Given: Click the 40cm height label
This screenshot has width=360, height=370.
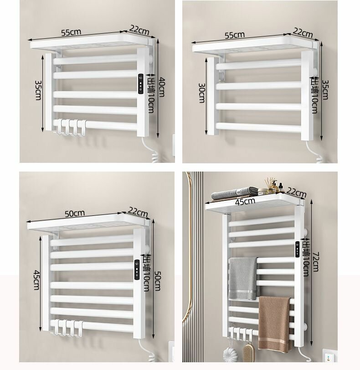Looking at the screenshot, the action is click(x=162, y=87).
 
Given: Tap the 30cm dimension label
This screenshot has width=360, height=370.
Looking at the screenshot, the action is click(x=202, y=93).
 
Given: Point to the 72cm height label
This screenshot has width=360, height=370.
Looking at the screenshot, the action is click(x=315, y=262).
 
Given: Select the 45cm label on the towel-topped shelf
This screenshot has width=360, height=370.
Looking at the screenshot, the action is click(x=245, y=202).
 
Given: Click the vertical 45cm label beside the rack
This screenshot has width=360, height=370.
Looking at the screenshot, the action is click(x=36, y=280).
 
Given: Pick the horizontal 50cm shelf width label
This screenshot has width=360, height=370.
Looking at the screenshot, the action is click(x=75, y=214).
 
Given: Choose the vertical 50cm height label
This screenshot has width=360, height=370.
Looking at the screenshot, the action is click(x=157, y=281).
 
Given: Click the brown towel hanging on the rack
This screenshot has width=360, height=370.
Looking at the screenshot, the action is click(x=275, y=323).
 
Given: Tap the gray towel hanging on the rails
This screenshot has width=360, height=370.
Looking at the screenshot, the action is click(x=243, y=279).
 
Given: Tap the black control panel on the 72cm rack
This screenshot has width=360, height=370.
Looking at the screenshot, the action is click(x=298, y=249).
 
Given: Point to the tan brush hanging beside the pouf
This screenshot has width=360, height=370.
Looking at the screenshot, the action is click(x=248, y=353).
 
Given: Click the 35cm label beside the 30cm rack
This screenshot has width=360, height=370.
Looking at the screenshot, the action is click(x=325, y=90).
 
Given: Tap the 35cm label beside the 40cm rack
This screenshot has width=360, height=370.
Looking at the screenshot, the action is click(x=38, y=90).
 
